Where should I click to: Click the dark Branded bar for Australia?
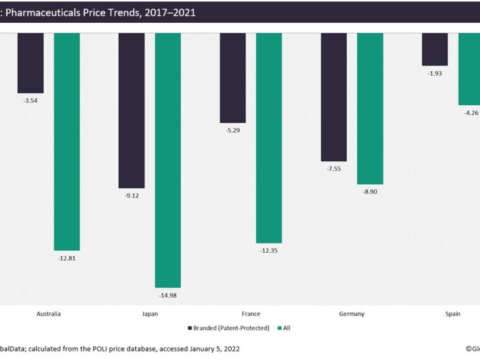[30, 63]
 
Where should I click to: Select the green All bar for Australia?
[67, 141]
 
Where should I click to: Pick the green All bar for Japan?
[168, 160]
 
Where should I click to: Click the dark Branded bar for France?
[232, 78]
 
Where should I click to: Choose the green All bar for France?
[269, 138]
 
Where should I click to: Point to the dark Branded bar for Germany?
[334, 97]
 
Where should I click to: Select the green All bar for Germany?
[370, 108]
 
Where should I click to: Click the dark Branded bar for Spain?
[435, 49]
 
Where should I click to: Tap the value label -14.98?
[168, 296]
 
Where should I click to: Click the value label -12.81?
[67, 258]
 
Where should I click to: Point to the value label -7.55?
[334, 169]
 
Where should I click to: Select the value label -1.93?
[435, 73]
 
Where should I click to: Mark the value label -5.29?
[232, 130]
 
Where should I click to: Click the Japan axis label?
[150, 314]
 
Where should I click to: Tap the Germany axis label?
[352, 314]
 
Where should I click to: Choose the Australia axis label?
[49, 314]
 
